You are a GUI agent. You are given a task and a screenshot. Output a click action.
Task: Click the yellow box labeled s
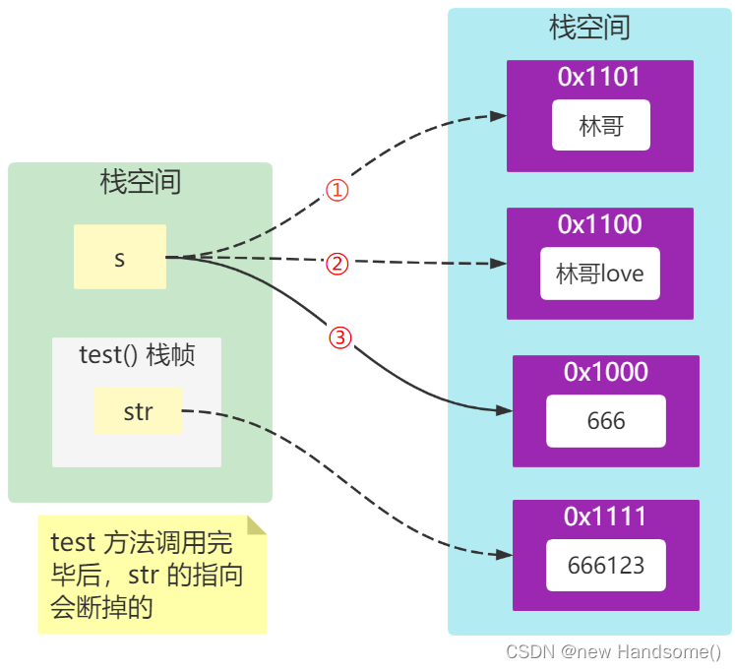(x=120, y=257)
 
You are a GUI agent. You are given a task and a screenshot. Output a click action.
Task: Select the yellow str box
(x=138, y=411)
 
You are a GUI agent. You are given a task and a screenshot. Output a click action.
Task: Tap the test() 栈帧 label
(x=137, y=355)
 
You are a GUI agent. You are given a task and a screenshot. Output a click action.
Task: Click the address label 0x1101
(x=599, y=78)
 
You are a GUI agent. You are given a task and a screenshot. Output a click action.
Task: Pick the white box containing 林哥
(x=600, y=125)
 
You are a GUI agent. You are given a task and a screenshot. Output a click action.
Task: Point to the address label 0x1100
(x=599, y=224)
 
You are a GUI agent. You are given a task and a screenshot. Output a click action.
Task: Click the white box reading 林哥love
(x=599, y=274)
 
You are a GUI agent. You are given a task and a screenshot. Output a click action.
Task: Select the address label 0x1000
(x=605, y=372)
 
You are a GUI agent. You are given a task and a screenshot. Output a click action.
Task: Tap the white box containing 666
(x=605, y=421)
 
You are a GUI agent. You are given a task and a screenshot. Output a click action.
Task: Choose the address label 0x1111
(x=605, y=517)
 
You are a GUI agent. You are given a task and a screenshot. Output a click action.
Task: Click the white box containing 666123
(x=605, y=565)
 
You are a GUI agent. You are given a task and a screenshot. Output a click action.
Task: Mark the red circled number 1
(x=337, y=190)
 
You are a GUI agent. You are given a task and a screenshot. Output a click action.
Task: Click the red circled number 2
(x=337, y=263)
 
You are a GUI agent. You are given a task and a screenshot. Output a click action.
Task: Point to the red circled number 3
(x=338, y=337)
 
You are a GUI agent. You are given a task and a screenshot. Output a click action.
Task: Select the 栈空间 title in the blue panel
(x=589, y=28)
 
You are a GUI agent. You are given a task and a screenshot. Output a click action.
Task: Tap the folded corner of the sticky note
(x=256, y=525)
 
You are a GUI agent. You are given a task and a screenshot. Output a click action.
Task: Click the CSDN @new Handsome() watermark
(x=613, y=652)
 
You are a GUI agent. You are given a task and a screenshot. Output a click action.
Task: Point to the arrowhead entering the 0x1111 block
(x=504, y=555)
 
